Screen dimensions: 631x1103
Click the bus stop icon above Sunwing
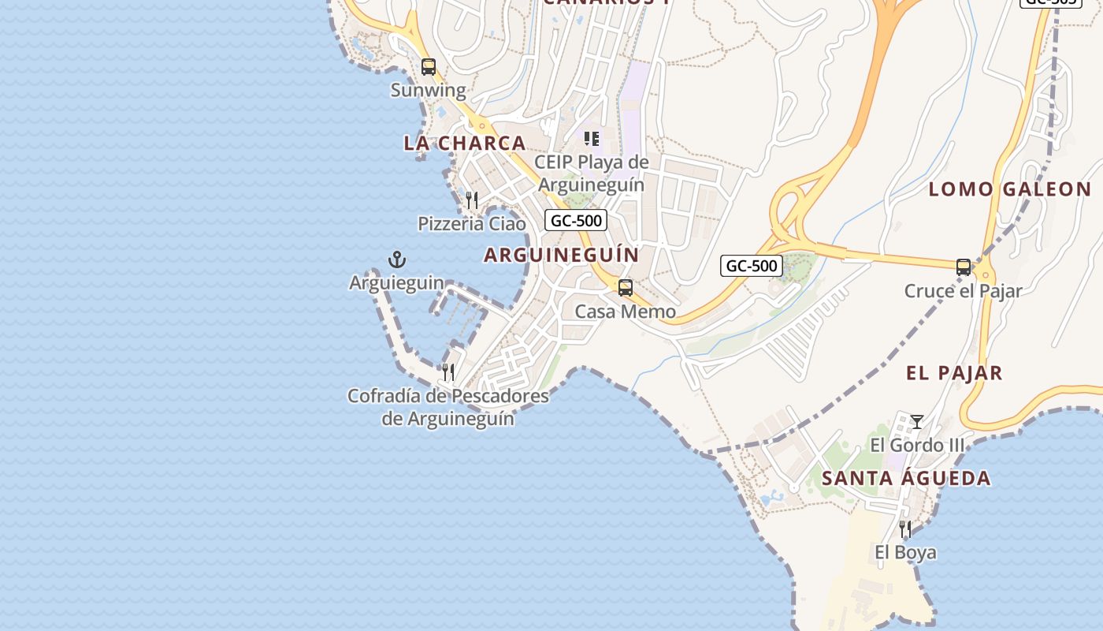coord(429,67)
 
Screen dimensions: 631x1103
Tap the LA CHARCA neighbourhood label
coord(464,143)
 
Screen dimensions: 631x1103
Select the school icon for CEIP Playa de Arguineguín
coord(592,140)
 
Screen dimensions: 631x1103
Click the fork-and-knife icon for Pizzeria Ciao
coord(472,200)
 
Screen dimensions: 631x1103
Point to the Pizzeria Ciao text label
coord(471,224)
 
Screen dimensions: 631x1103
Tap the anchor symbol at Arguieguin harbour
coord(397,259)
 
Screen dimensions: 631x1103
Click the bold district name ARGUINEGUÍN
coord(561,255)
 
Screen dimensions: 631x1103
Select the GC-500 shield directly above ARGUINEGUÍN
coord(576,221)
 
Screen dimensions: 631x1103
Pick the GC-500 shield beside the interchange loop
coord(752,266)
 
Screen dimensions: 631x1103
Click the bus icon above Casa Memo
coord(626,288)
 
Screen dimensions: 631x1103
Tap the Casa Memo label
coord(625,312)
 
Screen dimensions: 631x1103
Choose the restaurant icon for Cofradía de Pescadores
coord(448,372)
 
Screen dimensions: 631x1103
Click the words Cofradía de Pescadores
coord(448,396)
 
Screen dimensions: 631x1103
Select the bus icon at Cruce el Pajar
coord(964,267)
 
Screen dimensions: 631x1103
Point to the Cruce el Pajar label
coord(963,291)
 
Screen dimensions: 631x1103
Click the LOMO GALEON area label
coord(1009,189)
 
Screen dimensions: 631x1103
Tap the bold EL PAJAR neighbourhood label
coord(954,373)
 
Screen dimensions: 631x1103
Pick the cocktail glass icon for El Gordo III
coord(916,422)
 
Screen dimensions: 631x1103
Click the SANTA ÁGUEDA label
coord(906,478)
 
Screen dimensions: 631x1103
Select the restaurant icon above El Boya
coord(905,528)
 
